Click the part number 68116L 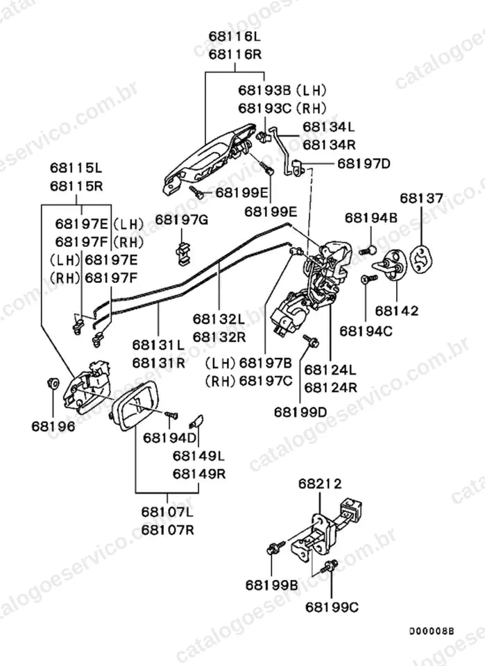(x=235, y=37)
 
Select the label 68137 (x=421, y=198)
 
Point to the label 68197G (x=181, y=220)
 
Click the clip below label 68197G (x=183, y=253)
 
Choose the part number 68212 (x=320, y=484)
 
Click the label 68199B (x=272, y=585)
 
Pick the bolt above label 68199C (x=330, y=565)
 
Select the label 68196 (x=53, y=426)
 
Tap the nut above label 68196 (x=53, y=383)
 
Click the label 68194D (x=170, y=438)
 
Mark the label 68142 (x=397, y=311)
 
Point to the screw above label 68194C (x=368, y=278)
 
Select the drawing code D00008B (x=432, y=631)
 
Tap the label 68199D (x=300, y=411)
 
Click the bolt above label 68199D (x=311, y=341)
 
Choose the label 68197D (x=364, y=164)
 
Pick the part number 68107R (x=168, y=530)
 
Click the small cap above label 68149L (x=196, y=422)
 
